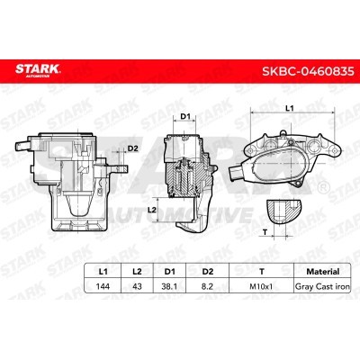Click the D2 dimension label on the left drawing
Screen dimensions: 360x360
132,148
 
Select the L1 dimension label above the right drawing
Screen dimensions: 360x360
290,108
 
